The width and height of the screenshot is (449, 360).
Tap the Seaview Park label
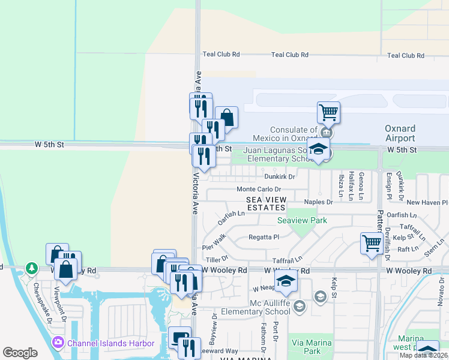(302, 220)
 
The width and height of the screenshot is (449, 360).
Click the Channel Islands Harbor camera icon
(58, 343)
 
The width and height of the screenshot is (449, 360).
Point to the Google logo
(20, 353)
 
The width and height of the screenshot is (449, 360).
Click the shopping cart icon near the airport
(328, 112)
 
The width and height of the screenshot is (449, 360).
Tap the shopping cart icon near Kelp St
(372, 243)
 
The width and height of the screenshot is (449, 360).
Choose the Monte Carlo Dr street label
(259, 189)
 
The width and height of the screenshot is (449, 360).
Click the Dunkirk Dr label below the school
(280, 176)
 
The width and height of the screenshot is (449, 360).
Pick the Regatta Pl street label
(264, 237)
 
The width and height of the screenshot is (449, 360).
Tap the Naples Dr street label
(318, 202)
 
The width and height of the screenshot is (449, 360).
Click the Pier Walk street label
(214, 242)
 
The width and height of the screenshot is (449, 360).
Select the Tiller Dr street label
(217, 259)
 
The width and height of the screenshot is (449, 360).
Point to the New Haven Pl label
(427, 203)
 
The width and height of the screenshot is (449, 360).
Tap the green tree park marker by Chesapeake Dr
(31, 268)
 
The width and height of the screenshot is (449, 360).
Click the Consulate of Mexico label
(293, 134)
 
